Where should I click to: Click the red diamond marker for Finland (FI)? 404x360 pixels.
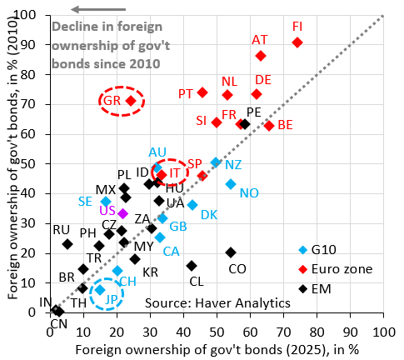click(297, 42)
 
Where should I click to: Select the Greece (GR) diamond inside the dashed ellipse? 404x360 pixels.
click(131, 101)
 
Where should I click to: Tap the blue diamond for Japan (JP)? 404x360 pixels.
click(100, 290)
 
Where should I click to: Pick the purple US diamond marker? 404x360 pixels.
click(123, 213)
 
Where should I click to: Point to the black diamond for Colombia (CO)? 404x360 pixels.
click(231, 252)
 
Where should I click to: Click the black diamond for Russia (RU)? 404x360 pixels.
click(67, 244)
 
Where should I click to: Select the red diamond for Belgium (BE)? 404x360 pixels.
click(269, 126)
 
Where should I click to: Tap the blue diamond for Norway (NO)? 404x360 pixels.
click(231, 184)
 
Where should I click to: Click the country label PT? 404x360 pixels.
click(185, 94)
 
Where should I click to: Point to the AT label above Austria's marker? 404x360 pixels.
click(260, 40)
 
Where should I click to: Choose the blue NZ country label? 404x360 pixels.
click(233, 165)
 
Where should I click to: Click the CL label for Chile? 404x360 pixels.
click(197, 282)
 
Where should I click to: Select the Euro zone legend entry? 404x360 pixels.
click(336, 269)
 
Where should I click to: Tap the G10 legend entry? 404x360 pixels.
click(317, 250)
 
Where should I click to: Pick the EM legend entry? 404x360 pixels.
click(315, 289)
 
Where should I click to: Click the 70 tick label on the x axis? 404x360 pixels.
click(284, 332)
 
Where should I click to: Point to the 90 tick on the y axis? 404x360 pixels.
click(36, 44)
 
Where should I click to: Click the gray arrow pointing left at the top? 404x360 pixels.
click(98, 9)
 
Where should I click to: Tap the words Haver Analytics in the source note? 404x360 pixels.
click(243, 302)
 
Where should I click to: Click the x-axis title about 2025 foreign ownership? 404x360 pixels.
click(217, 350)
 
